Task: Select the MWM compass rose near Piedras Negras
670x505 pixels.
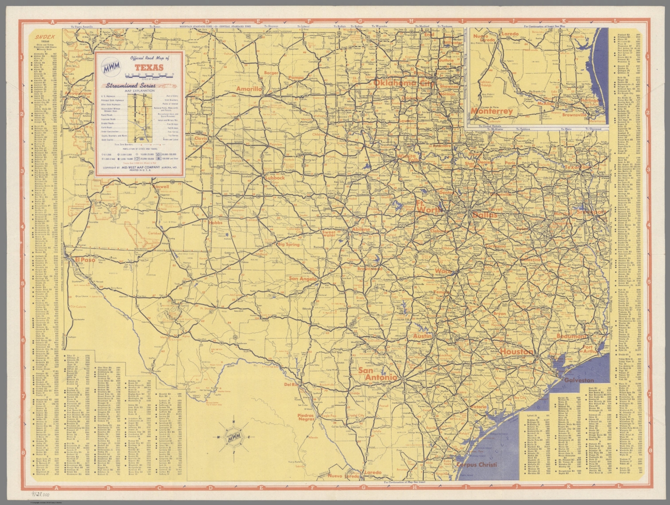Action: click(x=233, y=436)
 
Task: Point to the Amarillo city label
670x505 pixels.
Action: click(x=248, y=89)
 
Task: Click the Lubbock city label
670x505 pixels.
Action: click(x=274, y=178)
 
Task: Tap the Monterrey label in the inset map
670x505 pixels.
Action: click(x=491, y=111)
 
